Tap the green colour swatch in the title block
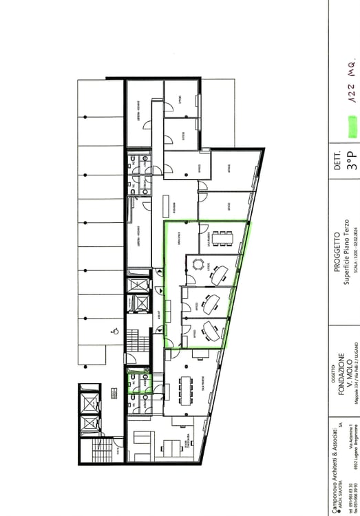(x=352, y=127)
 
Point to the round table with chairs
(x=199, y=264)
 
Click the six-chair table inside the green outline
(x=222, y=239)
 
